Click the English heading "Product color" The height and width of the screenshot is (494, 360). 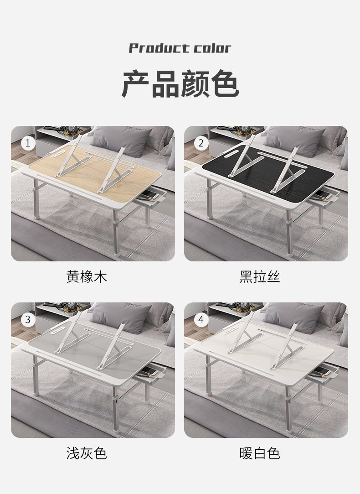pyautogui.click(x=180, y=48)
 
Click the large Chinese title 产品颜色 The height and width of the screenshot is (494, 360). pyautogui.click(x=180, y=84)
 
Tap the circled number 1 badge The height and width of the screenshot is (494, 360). pyautogui.click(x=28, y=143)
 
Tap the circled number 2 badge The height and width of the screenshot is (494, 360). pyautogui.click(x=201, y=143)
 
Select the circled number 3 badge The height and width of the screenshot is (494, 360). pyautogui.click(x=28, y=319)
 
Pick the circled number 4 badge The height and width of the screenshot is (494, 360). pyautogui.click(x=201, y=319)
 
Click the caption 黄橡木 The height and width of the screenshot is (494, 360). pyautogui.click(x=87, y=276)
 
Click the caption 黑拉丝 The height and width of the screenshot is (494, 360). pyautogui.click(x=260, y=276)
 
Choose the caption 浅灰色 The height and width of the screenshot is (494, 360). pyautogui.click(x=87, y=453)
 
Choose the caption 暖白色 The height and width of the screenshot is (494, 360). pyautogui.click(x=260, y=453)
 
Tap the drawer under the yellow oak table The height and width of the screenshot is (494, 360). pyautogui.click(x=150, y=199)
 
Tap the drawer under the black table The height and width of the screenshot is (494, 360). pyautogui.click(x=323, y=199)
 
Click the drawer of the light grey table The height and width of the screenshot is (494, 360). pyautogui.click(x=150, y=375)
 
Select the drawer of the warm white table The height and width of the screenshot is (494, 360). pyautogui.click(x=323, y=375)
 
